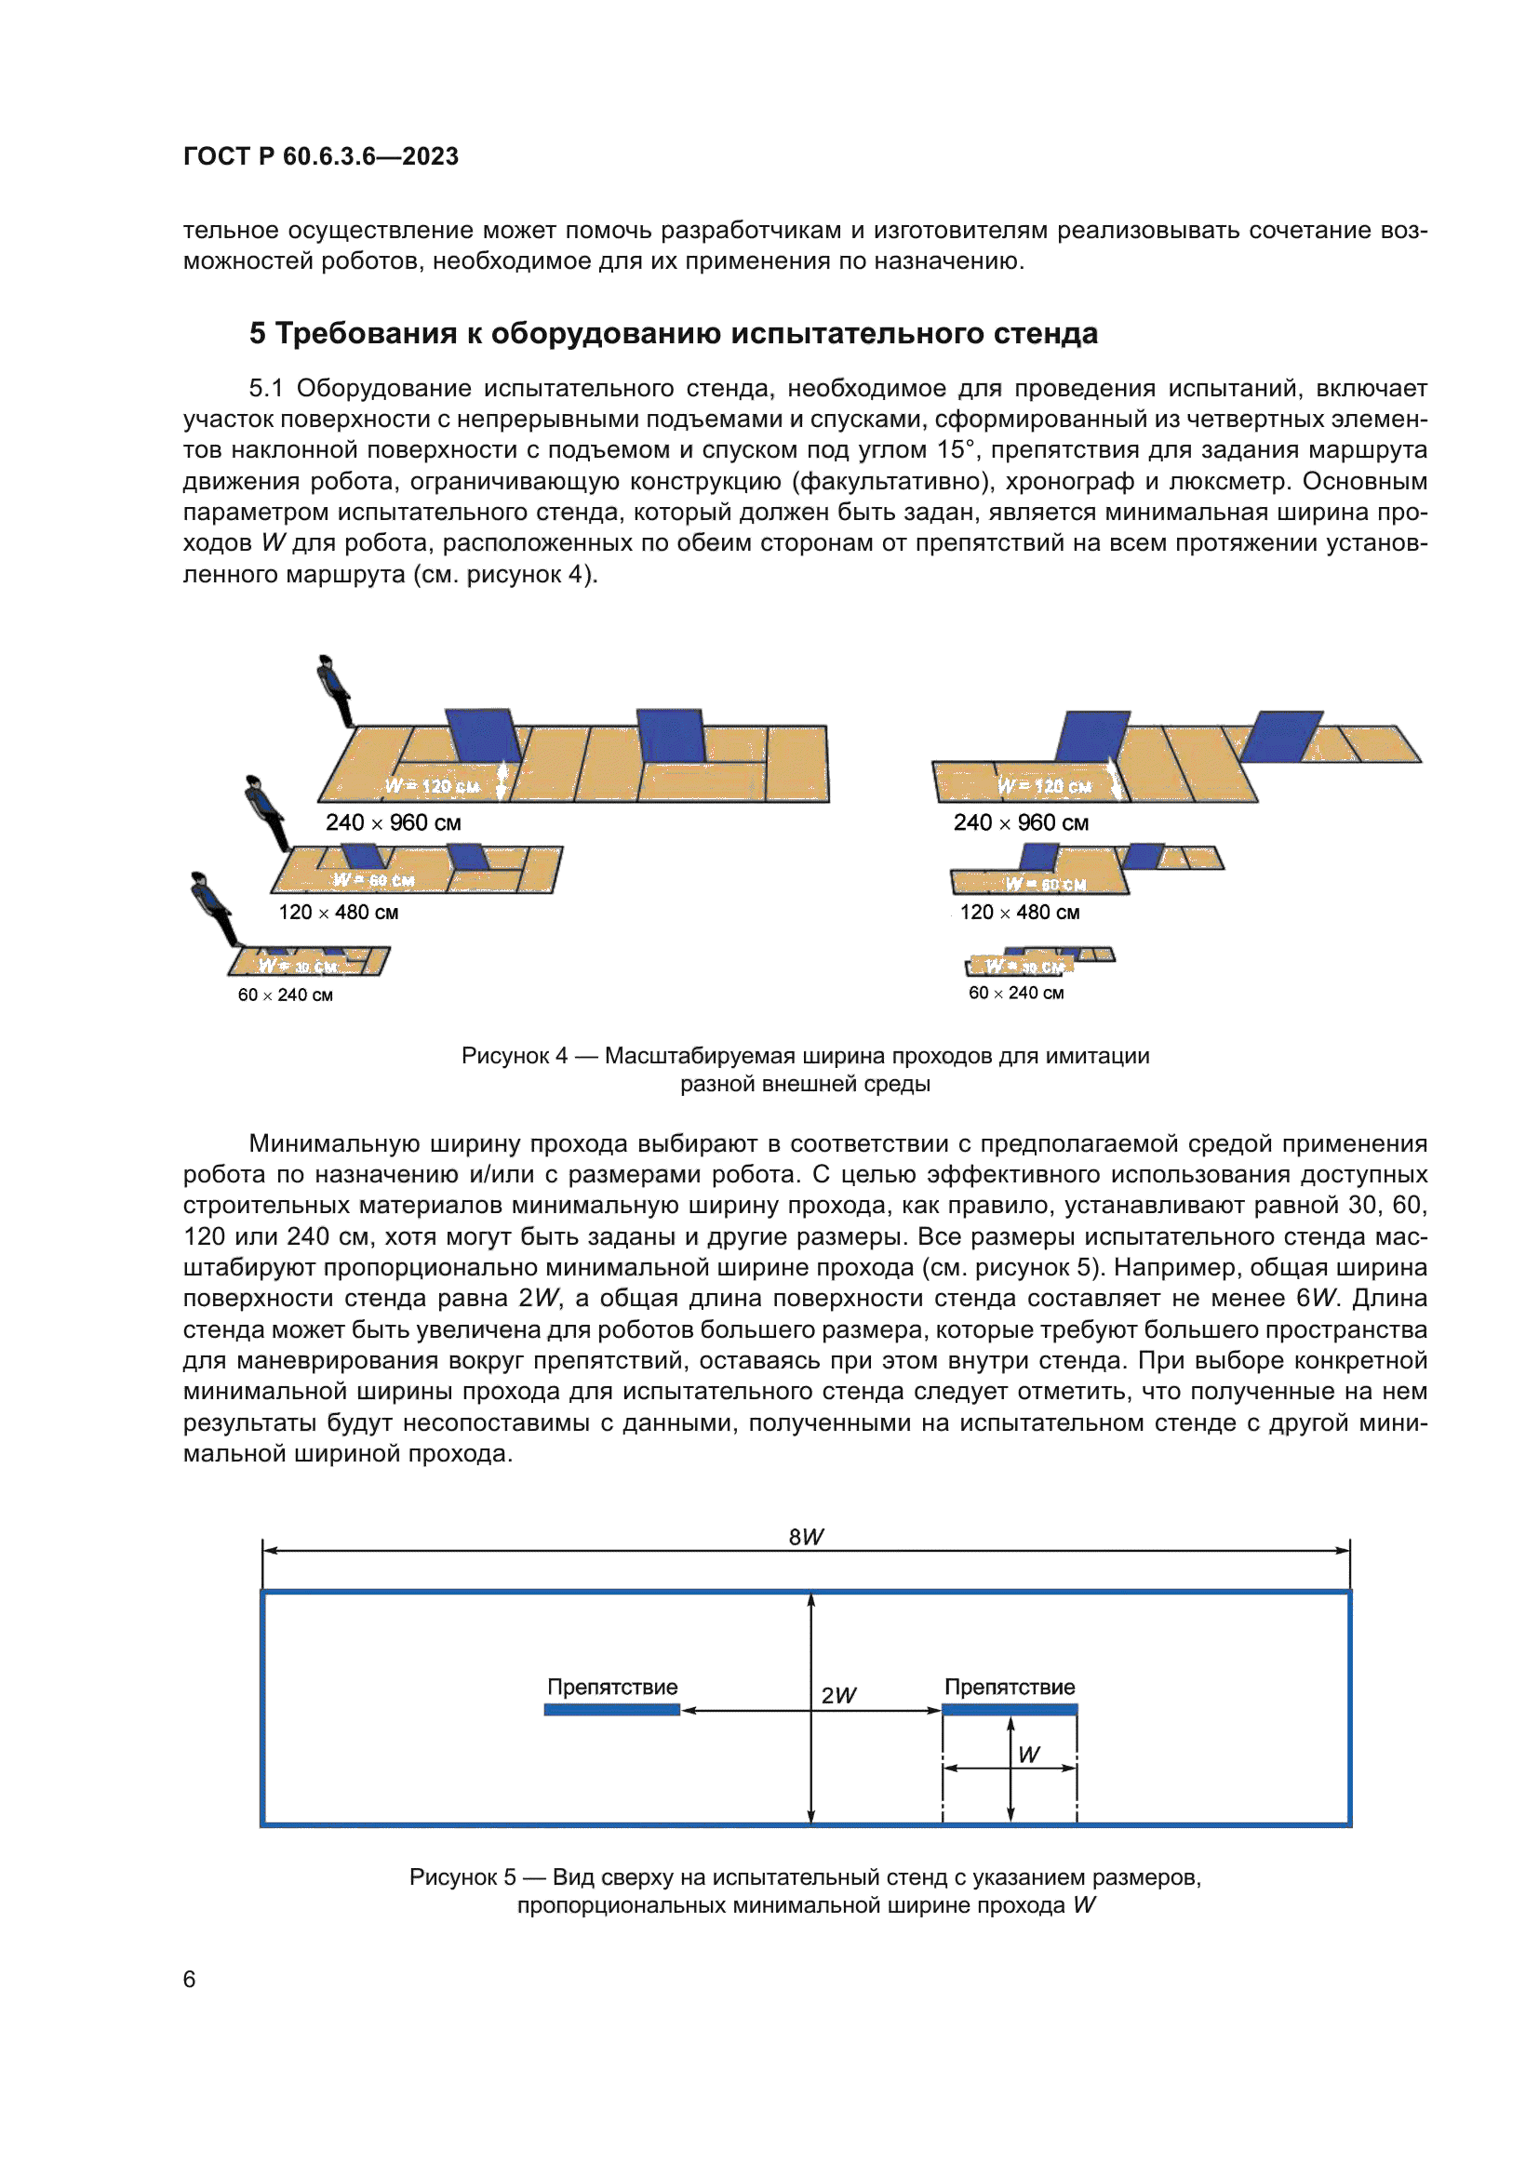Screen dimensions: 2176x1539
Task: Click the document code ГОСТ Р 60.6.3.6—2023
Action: (320, 156)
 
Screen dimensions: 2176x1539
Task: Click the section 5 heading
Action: (673, 334)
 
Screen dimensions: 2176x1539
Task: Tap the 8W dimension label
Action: (806, 1537)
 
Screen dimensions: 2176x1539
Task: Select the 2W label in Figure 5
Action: (837, 1696)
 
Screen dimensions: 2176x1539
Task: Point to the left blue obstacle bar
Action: (612, 1710)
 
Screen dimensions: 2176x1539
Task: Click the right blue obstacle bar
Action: (1010, 1710)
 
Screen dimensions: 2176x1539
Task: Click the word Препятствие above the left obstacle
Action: (612, 1687)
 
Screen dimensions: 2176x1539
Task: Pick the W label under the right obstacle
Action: (1028, 1755)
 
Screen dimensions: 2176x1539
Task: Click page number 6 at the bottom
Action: (190, 1979)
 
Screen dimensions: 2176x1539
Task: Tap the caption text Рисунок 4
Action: (515, 1056)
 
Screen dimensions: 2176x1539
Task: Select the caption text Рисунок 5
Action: (462, 1876)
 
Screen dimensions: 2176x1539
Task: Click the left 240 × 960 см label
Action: (394, 822)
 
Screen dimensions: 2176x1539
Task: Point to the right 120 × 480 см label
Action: (1020, 912)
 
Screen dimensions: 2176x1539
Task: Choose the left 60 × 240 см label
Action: (286, 995)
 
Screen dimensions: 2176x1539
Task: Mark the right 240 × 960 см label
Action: (1021, 822)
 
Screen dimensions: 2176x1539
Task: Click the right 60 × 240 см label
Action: (1016, 993)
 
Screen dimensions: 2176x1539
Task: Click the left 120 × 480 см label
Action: (339, 912)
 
